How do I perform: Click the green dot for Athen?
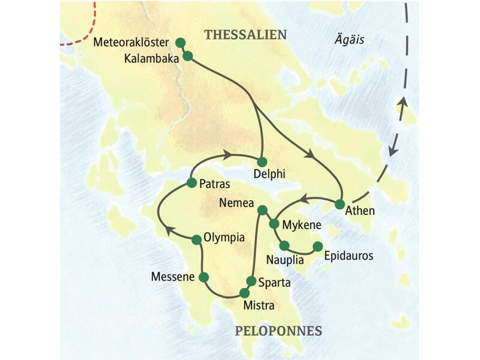340,204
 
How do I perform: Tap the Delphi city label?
269,175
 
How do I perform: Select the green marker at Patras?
191,182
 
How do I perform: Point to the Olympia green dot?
196,239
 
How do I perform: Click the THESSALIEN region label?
245,35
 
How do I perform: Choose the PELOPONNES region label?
278,331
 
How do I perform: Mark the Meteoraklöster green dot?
180,43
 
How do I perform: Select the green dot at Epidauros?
317,246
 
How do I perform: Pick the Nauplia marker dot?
284,245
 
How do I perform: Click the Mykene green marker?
274,224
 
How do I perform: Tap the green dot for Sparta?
251,280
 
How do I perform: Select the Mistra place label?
259,306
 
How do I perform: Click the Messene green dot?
203,277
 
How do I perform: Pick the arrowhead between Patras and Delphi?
227,155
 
